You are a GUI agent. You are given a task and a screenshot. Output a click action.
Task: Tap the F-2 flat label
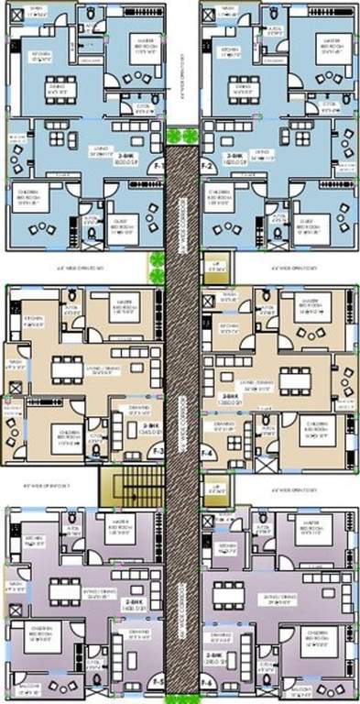(208, 167)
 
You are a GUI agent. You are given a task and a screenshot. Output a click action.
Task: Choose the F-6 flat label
(207, 683)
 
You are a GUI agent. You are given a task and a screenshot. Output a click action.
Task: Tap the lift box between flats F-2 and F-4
(213, 265)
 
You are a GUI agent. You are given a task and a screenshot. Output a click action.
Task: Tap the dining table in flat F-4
(295, 377)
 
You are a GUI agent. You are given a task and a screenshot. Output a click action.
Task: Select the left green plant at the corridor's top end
(171, 135)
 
